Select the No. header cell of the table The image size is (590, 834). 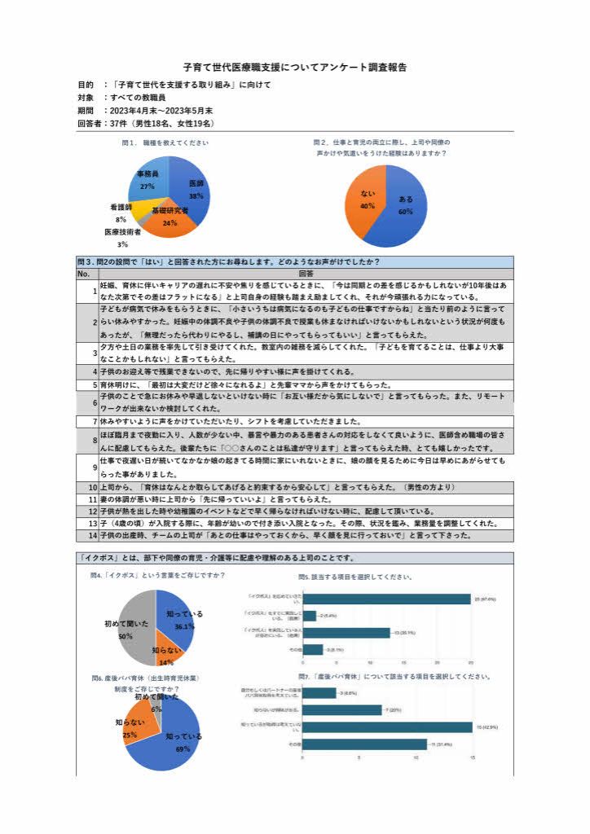coord(84,274)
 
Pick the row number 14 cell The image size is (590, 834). coord(93,536)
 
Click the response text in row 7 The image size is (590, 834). coord(230,421)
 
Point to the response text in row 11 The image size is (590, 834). coord(215,498)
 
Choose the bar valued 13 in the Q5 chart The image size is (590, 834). coord(346,632)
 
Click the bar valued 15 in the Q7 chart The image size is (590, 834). coord(386,726)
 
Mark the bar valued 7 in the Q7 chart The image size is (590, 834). coord(341,709)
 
